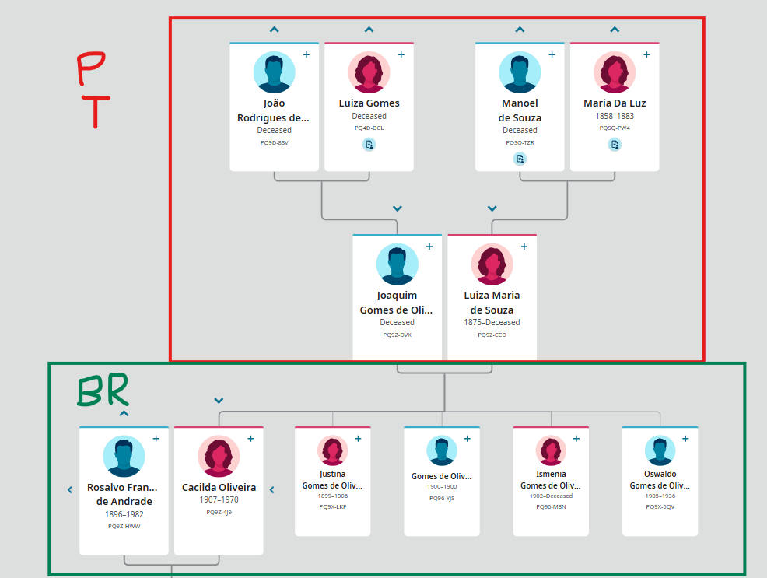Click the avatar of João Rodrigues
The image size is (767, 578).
pyautogui.click(x=274, y=73)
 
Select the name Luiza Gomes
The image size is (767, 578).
pyautogui.click(x=369, y=103)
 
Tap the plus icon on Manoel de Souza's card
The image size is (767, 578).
pyautogui.click(x=552, y=55)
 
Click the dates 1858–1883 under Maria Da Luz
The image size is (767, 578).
pyautogui.click(x=615, y=116)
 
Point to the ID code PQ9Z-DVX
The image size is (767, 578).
pyautogui.click(x=397, y=335)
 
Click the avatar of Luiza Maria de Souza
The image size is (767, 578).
pyautogui.click(x=492, y=264)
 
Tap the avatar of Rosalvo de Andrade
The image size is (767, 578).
pyautogui.click(x=124, y=456)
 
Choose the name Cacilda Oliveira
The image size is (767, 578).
pyautogui.click(x=219, y=488)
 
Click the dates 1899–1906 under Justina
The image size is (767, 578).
pyautogui.click(x=332, y=496)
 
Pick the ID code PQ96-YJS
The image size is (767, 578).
pyautogui.click(x=441, y=499)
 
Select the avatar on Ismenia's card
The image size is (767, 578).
pyautogui.click(x=551, y=450)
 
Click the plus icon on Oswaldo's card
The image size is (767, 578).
pyautogui.click(x=685, y=439)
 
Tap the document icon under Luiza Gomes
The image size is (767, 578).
pyautogui.click(x=369, y=144)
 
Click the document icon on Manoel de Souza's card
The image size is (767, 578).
pyautogui.click(x=520, y=159)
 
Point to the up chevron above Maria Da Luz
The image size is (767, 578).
pyautogui.click(x=615, y=30)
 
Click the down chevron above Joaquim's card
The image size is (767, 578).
pyautogui.click(x=398, y=208)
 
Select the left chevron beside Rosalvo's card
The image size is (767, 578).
pyautogui.click(x=70, y=489)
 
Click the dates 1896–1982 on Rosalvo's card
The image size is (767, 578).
pyautogui.click(x=124, y=514)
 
